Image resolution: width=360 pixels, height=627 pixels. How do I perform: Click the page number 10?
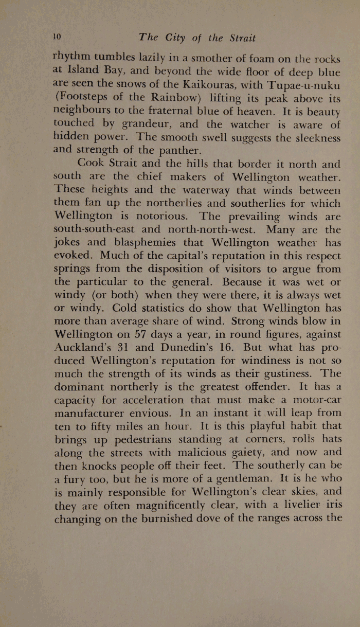[57, 37]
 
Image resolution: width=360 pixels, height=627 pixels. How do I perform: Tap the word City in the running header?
[177, 38]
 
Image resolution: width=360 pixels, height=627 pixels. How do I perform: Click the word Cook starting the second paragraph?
[94, 164]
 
